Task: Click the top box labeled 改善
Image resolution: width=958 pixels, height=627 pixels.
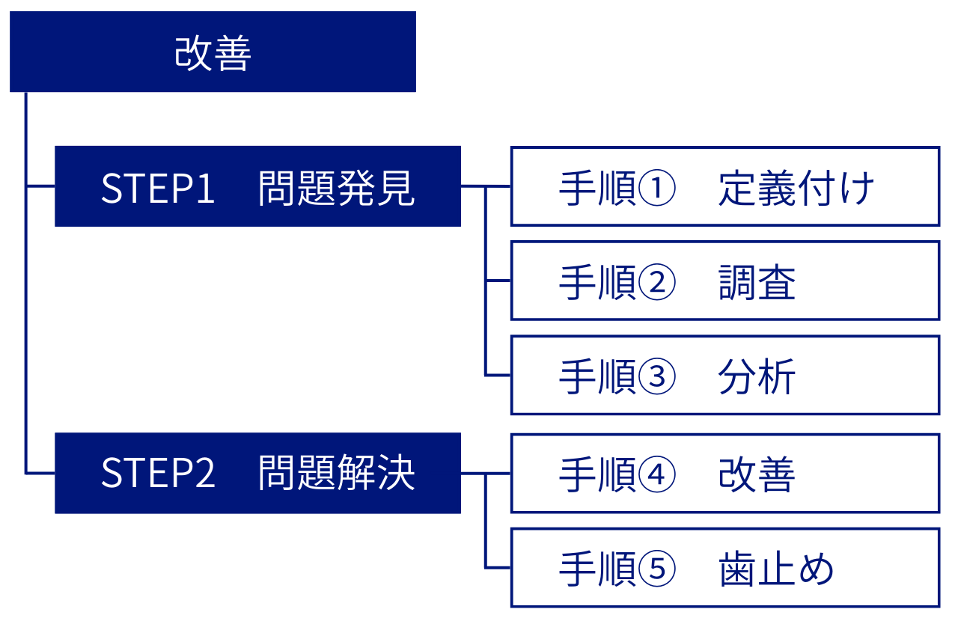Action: (213, 52)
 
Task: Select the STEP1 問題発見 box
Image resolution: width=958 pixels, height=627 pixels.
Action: (257, 186)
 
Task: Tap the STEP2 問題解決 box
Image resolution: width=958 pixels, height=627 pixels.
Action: (257, 473)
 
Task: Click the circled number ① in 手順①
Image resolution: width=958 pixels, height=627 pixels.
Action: (657, 189)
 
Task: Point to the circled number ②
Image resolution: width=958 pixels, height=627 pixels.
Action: (657, 283)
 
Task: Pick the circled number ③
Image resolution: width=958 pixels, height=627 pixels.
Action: (657, 377)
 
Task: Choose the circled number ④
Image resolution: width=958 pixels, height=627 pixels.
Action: (657, 474)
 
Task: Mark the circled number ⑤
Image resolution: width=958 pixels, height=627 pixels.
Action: (657, 569)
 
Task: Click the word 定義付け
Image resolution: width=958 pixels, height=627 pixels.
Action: (796, 189)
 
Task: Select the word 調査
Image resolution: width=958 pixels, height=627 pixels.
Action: (757, 283)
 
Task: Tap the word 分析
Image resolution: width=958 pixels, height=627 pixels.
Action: (757, 377)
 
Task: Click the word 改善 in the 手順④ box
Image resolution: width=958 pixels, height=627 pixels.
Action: (757, 474)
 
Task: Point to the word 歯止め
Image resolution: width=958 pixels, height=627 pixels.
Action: (776, 569)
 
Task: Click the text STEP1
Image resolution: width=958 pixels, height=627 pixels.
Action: (158, 189)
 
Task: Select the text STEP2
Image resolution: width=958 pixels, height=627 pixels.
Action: (158, 474)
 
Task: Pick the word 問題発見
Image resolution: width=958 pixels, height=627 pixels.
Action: (336, 189)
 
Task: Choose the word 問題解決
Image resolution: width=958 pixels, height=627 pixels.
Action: (336, 474)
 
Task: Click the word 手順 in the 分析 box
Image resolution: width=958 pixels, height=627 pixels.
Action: (597, 377)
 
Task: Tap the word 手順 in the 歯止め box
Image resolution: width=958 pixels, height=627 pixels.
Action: (597, 569)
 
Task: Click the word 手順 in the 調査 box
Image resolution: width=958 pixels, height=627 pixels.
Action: (597, 283)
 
